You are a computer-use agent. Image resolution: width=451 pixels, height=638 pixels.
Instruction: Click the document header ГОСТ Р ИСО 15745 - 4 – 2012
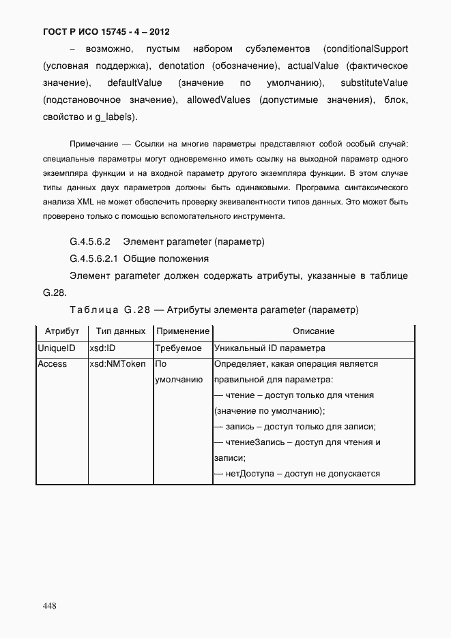106,32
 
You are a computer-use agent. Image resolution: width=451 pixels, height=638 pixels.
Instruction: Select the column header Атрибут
62,331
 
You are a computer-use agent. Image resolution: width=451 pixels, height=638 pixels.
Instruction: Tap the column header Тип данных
121,331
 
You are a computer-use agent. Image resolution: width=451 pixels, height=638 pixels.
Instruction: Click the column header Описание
313,331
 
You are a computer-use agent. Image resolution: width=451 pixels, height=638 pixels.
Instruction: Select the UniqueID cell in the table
56,348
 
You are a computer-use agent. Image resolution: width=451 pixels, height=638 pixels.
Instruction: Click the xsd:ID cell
103,348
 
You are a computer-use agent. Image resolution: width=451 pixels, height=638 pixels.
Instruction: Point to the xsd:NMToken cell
117,364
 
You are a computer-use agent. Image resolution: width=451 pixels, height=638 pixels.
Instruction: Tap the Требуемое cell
178,348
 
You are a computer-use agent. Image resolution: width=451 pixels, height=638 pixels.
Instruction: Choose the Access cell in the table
53,364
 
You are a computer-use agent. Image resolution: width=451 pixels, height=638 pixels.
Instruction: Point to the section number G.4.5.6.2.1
94,259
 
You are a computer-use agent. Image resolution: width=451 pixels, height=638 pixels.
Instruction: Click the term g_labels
117,117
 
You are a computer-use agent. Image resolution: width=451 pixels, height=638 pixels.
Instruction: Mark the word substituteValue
374,83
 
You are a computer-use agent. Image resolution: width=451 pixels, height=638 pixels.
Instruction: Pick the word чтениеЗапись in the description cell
254,442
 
